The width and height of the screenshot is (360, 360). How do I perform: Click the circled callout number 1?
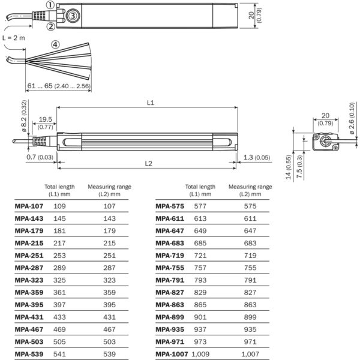pos(50,5)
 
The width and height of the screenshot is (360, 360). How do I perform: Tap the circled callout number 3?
pos(72,16)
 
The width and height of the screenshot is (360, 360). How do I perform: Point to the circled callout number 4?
pos(55,44)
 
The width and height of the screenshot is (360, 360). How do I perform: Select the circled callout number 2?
pos(50,26)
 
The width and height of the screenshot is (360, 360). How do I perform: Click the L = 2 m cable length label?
pos(14,37)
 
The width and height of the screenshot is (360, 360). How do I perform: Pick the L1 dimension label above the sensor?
pos(151,103)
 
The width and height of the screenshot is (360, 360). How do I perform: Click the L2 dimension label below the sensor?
pos(148,163)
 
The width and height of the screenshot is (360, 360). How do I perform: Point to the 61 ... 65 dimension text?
pos(58,86)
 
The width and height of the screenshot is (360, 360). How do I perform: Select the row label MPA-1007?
pos(172,355)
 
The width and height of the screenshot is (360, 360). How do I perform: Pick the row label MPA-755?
pos(169,268)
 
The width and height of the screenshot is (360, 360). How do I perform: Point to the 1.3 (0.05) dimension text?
pos(256,157)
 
